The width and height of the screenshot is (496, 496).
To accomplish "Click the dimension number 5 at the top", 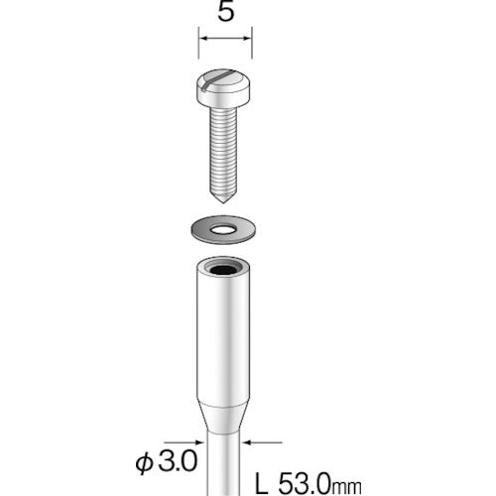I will [226, 14].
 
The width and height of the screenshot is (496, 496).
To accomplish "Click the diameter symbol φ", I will [142, 463].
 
